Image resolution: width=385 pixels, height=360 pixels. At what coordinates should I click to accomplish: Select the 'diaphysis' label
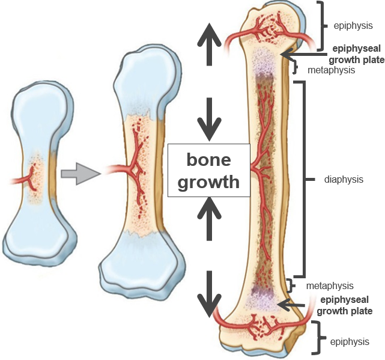coord(343,179)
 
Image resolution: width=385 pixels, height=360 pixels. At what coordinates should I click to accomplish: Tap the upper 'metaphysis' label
coord(331,70)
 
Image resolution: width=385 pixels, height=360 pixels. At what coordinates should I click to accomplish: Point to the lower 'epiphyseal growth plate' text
coord(345,305)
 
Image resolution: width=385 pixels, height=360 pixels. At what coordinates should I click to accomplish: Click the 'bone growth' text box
coord(208,171)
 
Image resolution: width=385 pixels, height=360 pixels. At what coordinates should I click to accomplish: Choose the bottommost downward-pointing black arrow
coord(210,295)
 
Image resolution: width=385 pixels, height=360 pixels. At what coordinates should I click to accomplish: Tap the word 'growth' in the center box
coord(209,182)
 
